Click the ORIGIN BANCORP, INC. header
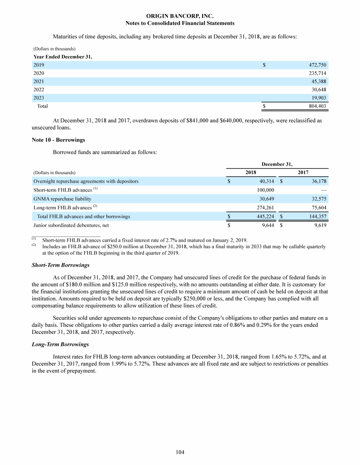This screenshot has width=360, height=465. [180, 16]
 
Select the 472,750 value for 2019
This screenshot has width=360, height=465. [315, 65]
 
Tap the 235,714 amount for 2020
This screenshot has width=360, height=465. [315, 74]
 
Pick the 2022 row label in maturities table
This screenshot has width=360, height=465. [38, 89]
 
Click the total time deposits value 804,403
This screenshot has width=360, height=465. [315, 106]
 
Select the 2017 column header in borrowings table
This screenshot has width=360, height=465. [303, 172]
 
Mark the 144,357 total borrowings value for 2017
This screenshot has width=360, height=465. [316, 216]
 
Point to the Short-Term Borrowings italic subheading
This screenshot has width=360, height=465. [61, 265]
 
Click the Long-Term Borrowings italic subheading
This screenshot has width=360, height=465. [61, 345]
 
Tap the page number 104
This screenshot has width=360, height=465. [180, 452]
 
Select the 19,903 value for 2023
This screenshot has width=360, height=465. [317, 98]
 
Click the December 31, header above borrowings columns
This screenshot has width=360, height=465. [277, 164]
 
